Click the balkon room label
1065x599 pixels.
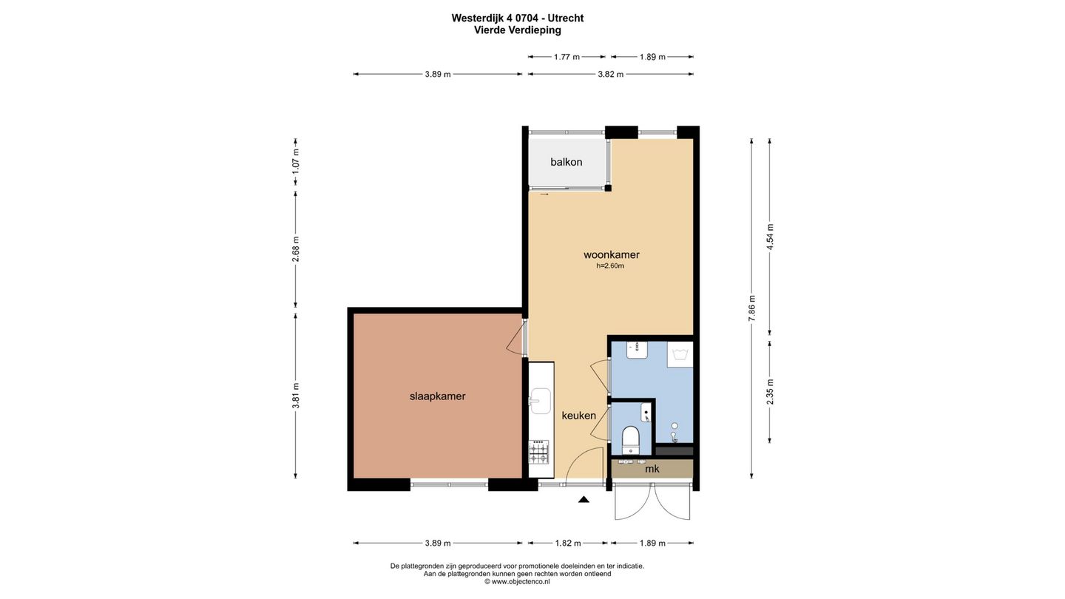point(567,162)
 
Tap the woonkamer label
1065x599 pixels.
point(612,255)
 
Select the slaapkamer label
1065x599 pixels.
point(437,396)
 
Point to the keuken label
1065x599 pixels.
point(578,416)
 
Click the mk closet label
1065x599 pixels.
point(652,469)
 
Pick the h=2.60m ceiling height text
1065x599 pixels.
point(610,266)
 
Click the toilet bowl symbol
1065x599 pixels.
point(631,440)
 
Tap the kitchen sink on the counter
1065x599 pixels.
point(541,401)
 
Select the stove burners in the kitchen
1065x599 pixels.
point(538,452)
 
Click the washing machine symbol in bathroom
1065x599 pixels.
point(680,355)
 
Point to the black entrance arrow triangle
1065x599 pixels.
point(584,499)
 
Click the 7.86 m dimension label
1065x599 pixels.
point(751,308)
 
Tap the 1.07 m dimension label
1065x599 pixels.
point(296,160)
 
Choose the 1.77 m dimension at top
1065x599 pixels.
point(567,57)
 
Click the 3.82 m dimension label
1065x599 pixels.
point(610,74)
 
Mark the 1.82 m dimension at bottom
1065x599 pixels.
point(568,543)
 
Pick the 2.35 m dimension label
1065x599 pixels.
point(770,392)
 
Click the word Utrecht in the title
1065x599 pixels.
point(565,18)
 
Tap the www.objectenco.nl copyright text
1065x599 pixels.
point(517,581)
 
